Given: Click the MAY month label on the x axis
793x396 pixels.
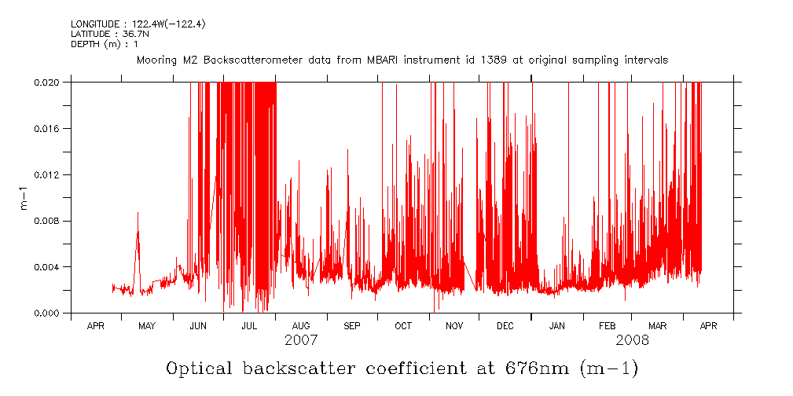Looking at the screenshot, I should coord(147,325).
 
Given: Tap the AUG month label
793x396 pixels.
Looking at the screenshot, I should coord(301,325).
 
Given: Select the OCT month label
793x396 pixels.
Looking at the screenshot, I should coord(403,325).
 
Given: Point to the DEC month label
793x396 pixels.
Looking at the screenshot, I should coord(505,325).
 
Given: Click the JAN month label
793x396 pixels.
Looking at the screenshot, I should coord(557,325).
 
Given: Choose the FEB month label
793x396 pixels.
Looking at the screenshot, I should coord(608,325).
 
